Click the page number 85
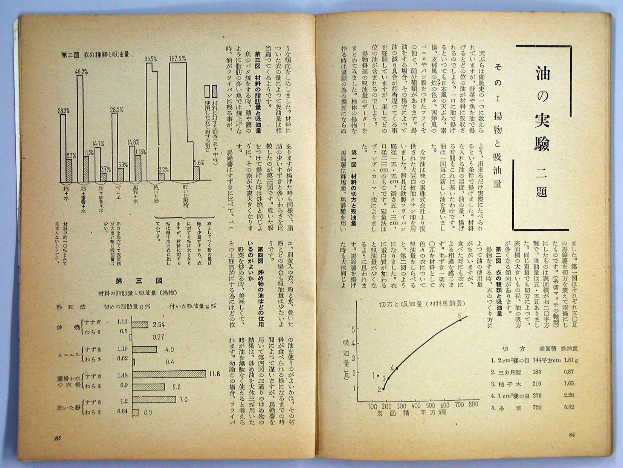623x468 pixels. tap(58, 438)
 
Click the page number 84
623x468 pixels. tap(572, 434)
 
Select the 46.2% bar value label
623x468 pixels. tap(82, 71)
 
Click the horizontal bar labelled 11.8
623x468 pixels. tap(169, 374)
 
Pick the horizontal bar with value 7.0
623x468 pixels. tap(154, 399)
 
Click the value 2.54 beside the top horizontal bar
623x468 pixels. tap(159, 324)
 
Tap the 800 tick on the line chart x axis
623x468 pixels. tap(473, 404)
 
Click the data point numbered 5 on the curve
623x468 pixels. tap(460, 320)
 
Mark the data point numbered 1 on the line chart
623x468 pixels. tap(378, 375)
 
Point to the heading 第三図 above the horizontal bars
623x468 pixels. tap(139, 280)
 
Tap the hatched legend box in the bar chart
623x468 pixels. tap(215, 91)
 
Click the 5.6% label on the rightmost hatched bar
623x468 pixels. tap(199, 163)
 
